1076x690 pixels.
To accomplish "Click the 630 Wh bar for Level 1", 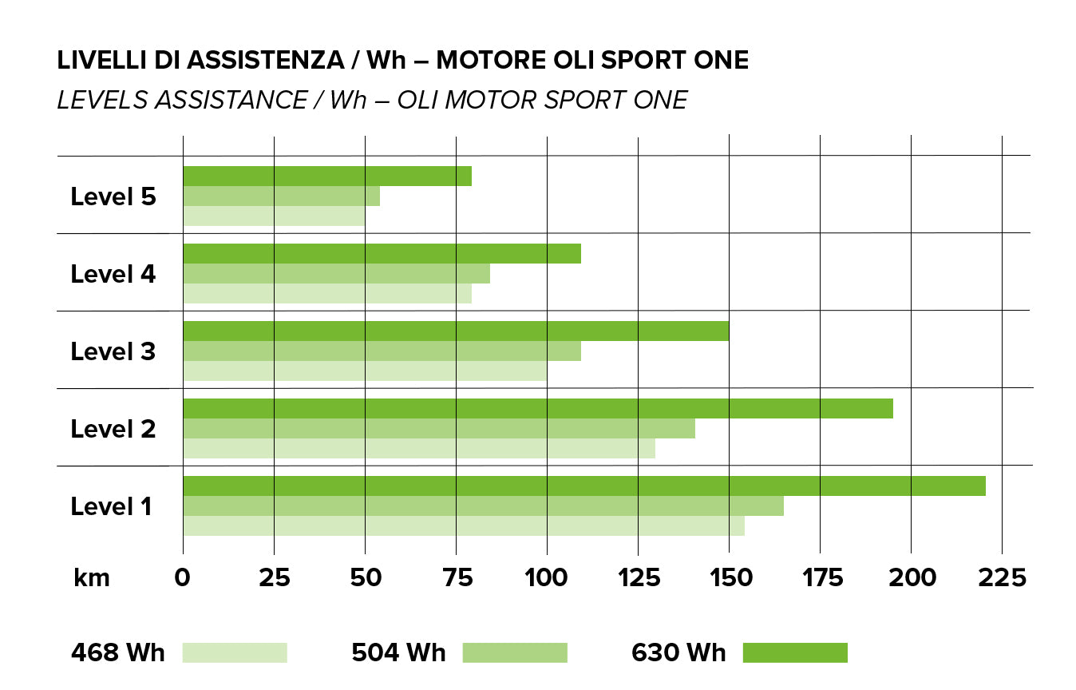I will click(583, 486).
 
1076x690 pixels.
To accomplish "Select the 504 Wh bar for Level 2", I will click(438, 428).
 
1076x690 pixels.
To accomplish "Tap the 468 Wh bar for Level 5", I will click(274, 216).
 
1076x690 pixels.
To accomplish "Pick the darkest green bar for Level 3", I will click(456, 331).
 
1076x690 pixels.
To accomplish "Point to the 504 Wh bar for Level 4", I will click(336, 273).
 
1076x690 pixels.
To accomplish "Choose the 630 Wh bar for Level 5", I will click(327, 176).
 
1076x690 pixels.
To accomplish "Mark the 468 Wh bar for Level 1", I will click(463, 525).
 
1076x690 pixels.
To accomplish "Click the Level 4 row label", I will click(113, 274).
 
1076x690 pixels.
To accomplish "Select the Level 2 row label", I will click(113, 429).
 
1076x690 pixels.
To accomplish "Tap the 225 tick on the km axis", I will click(1002, 577).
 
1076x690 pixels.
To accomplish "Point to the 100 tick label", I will click(547, 577).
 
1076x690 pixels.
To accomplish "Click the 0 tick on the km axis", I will click(183, 577).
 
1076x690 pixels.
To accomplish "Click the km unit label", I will click(91, 577).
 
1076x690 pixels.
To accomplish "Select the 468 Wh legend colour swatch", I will click(235, 652).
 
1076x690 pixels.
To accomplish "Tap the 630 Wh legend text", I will click(678, 652).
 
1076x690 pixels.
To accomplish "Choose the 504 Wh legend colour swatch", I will click(515, 652).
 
